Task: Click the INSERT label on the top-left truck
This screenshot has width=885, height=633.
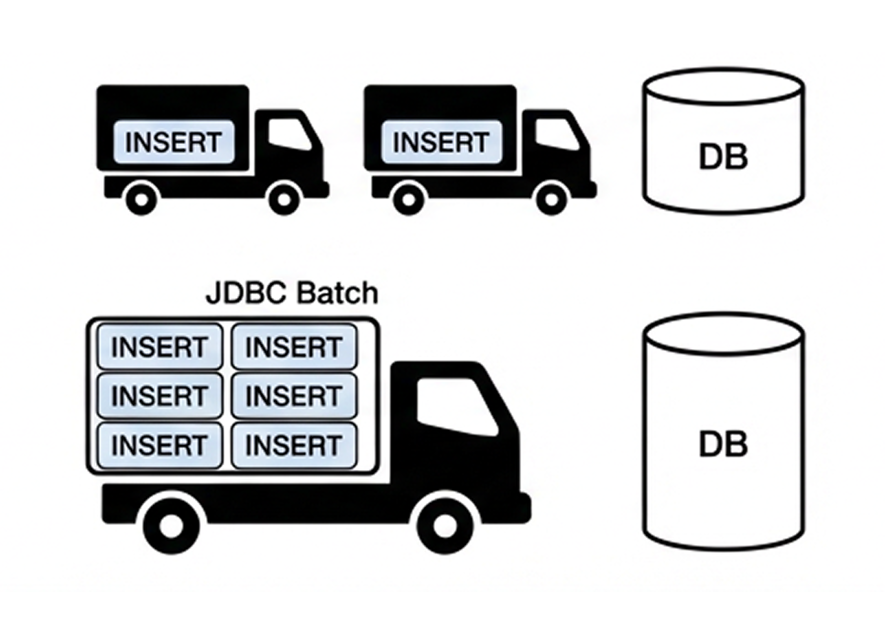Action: (174, 142)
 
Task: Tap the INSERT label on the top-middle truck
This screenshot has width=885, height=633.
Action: (441, 142)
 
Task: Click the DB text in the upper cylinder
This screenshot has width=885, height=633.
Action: (723, 157)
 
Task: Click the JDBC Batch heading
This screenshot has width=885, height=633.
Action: (292, 293)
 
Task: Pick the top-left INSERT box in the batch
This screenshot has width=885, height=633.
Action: (160, 347)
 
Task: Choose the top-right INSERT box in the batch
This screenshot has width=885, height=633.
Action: (294, 347)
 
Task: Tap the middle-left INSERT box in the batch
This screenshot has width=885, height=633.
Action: (160, 395)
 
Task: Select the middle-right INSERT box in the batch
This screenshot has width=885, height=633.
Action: (294, 395)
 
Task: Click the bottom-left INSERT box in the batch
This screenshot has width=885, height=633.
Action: (160, 445)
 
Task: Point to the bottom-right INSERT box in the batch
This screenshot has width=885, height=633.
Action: (294, 445)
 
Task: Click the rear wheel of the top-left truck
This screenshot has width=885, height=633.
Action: (141, 199)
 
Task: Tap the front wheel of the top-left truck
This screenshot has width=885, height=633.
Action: (284, 199)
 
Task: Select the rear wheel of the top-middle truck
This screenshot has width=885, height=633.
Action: (409, 199)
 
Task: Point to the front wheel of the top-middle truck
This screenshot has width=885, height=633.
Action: (552, 199)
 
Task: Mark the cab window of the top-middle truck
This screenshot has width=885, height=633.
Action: (556, 134)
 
